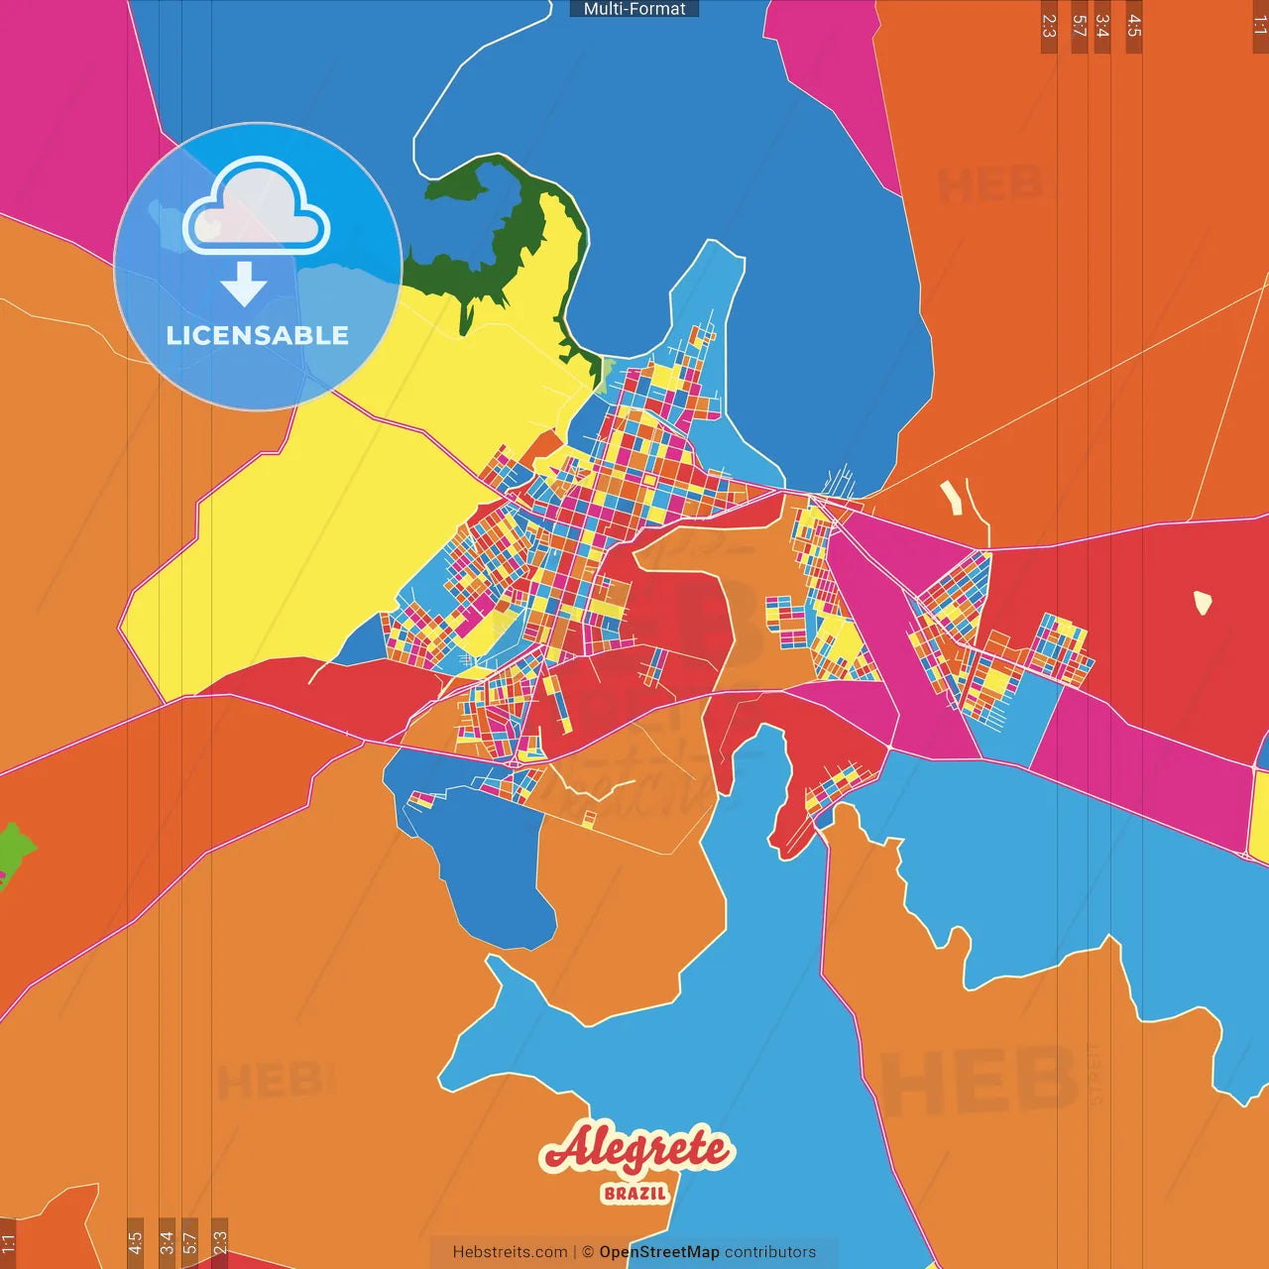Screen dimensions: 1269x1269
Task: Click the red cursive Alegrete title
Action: [635, 1150]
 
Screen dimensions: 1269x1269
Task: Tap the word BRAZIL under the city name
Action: [635, 1194]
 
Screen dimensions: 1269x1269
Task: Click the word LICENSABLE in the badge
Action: [258, 335]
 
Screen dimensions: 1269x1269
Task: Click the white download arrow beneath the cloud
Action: [244, 284]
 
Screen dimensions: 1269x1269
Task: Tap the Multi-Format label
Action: [634, 9]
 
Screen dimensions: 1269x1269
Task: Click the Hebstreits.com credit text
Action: [510, 1252]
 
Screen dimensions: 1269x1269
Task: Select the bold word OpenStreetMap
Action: [659, 1252]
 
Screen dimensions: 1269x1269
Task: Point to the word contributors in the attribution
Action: [770, 1252]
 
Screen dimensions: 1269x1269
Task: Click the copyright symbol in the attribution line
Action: [588, 1252]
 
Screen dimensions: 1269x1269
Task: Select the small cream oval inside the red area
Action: [1203, 602]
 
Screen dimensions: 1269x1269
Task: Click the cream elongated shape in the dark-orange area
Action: [951, 497]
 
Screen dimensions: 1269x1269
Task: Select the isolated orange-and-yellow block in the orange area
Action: [589, 820]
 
